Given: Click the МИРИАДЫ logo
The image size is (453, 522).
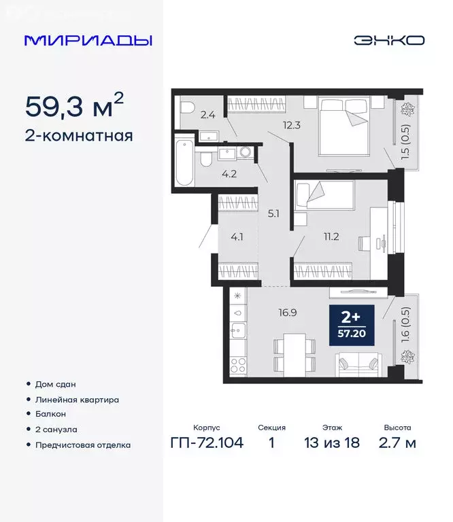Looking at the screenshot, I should tap(88, 40).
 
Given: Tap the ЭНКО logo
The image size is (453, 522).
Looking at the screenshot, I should tap(388, 40).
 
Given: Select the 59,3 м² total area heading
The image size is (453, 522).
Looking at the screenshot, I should tap(74, 105).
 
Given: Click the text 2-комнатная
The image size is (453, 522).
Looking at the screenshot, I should tap(78, 135).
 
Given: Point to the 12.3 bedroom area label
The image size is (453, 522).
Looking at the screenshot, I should tap(292, 124).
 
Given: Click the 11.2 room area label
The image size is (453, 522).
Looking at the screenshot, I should tap(331, 237).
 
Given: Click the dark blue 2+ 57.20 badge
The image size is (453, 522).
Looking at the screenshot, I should tap(350, 326).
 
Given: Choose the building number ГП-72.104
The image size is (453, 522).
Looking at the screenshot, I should tap(206, 444).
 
